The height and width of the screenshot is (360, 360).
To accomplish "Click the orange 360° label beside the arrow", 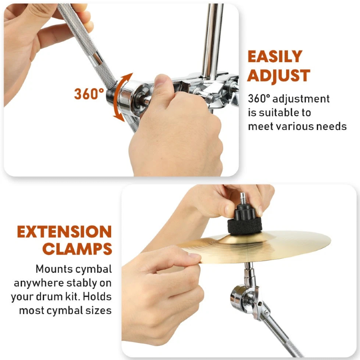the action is [x=89, y=94].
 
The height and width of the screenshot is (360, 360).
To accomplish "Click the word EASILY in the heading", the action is [x=275, y=57].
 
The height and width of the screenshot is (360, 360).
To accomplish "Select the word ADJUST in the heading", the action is [x=279, y=76].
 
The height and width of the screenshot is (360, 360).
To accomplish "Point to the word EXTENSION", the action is [x=64, y=232].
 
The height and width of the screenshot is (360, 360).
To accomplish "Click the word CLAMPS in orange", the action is [x=77, y=249].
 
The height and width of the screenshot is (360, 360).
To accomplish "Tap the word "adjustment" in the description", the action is [x=301, y=99].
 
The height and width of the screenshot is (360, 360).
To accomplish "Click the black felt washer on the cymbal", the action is [x=244, y=227].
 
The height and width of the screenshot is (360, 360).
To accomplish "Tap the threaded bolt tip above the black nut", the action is [x=243, y=198].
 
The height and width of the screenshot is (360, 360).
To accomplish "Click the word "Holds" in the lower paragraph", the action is [x=97, y=297].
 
